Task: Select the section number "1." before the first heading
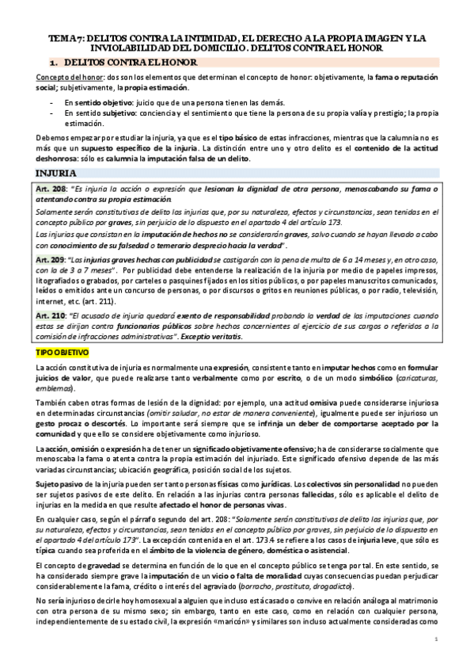click(x=53, y=61)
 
